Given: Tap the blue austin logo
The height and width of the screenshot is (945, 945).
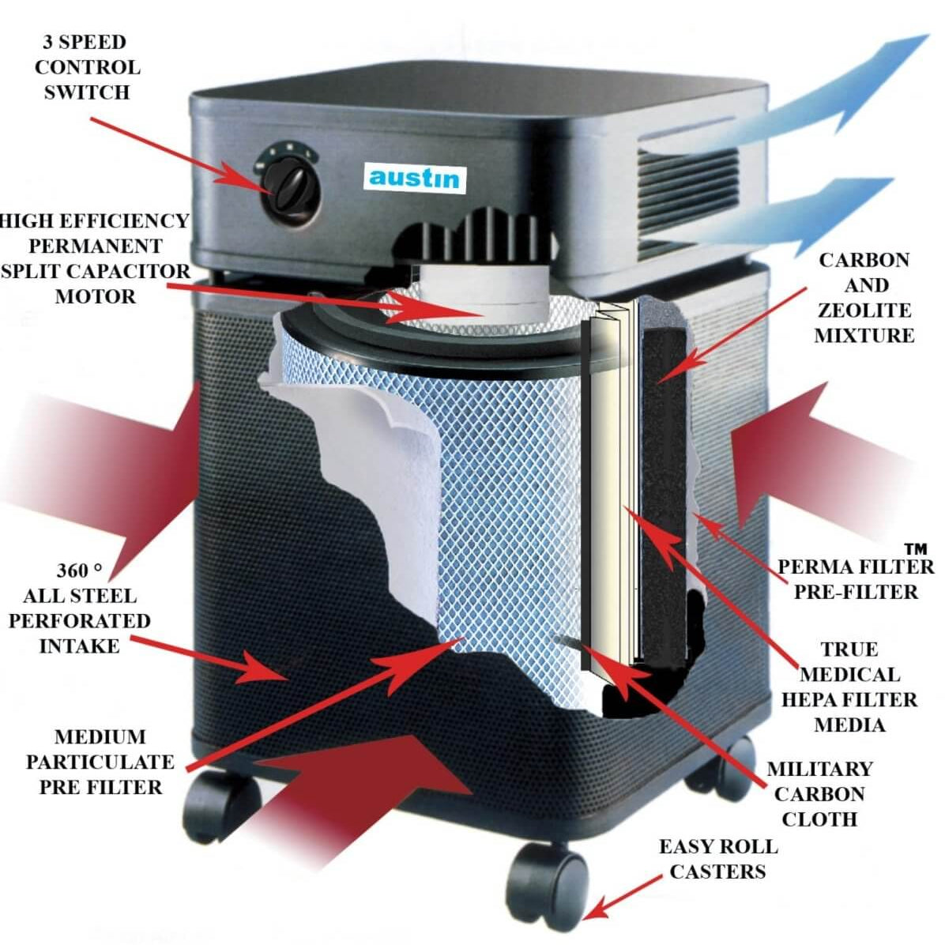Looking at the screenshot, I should pyautogui.click(x=414, y=176).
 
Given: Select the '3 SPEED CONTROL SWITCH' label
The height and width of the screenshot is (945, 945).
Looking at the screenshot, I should pyautogui.click(x=86, y=67).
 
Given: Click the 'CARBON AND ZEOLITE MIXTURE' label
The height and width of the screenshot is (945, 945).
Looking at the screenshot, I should pyautogui.click(x=864, y=297).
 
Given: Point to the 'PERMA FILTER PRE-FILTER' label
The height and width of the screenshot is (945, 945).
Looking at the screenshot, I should pyautogui.click(x=856, y=579).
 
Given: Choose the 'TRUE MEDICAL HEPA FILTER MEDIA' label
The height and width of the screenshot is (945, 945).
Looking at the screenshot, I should pyautogui.click(x=849, y=687).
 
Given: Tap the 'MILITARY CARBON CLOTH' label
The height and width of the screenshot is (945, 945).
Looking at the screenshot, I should pyautogui.click(x=819, y=793).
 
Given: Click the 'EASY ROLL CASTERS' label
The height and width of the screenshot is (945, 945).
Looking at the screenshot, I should pyautogui.click(x=718, y=859).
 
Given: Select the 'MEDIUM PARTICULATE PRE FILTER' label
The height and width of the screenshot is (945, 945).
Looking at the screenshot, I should pyautogui.click(x=100, y=762).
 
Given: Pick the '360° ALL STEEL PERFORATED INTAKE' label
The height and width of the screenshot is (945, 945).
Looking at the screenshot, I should pyautogui.click(x=79, y=608).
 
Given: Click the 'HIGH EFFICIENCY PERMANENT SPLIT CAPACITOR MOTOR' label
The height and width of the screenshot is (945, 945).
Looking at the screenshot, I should pyautogui.click(x=95, y=258).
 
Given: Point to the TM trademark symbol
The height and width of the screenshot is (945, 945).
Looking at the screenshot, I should pyautogui.click(x=915, y=548).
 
